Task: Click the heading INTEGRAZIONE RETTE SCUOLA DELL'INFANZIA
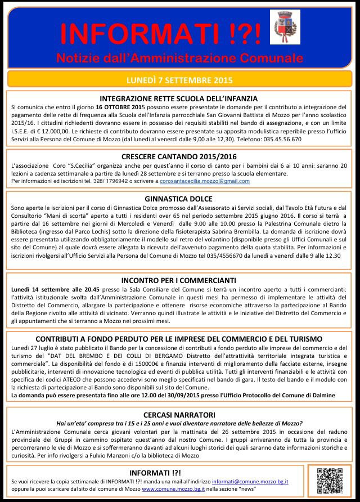pyautogui.click(x=179, y=98)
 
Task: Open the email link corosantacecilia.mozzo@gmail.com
pyautogui.click(x=205, y=182)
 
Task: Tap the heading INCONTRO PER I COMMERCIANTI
pyautogui.click(x=179, y=280)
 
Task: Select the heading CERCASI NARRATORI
pyautogui.click(x=179, y=414)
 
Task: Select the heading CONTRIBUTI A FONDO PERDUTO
pyautogui.click(x=179, y=339)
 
